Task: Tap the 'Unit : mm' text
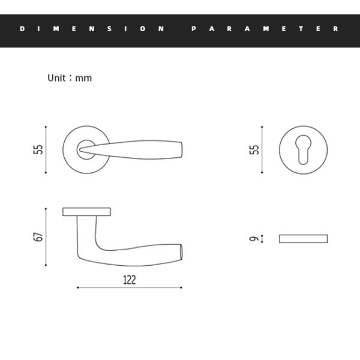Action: click(70, 78)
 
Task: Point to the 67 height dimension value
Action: click(38, 237)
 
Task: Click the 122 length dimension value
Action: click(129, 280)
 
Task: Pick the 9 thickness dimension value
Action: click(254, 239)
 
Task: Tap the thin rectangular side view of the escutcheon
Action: click(304, 239)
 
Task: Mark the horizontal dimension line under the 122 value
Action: click(129, 288)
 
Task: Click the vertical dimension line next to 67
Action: click(46, 237)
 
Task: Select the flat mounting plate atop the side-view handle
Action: click(86, 211)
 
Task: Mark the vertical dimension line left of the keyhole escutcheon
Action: click(262, 150)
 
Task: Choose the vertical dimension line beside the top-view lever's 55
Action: click(46, 150)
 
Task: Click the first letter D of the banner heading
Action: click(22, 29)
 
